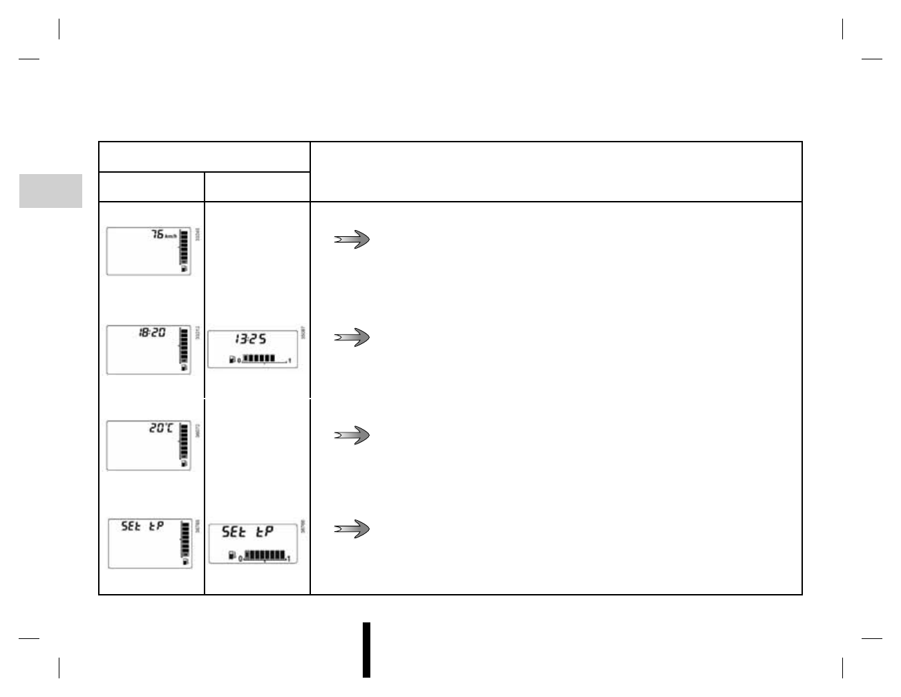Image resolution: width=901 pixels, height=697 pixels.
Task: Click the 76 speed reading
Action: (158, 235)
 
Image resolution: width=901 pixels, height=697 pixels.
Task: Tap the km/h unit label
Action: (171, 236)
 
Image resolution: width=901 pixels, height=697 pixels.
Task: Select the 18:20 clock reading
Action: (152, 332)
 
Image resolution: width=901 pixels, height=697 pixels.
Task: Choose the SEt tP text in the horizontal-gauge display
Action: (247, 532)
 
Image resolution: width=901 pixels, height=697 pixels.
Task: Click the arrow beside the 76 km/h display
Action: (352, 240)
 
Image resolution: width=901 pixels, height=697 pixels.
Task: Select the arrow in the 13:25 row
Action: (352, 338)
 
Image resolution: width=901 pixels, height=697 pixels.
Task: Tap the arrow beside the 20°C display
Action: (352, 436)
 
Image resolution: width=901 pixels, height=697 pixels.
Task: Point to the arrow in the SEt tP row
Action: (352, 530)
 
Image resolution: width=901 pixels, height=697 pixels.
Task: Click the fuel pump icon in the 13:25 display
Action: (232, 359)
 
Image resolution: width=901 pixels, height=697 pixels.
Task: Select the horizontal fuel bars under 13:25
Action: (260, 359)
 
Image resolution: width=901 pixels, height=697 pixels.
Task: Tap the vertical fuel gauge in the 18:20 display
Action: (184, 347)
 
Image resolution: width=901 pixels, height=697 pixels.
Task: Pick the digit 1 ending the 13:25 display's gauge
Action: (290, 361)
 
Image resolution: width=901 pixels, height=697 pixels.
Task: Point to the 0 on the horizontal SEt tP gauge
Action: (240, 558)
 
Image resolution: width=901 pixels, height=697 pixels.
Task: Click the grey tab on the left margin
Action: (50, 191)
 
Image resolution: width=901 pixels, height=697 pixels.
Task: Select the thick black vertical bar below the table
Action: (366, 650)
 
